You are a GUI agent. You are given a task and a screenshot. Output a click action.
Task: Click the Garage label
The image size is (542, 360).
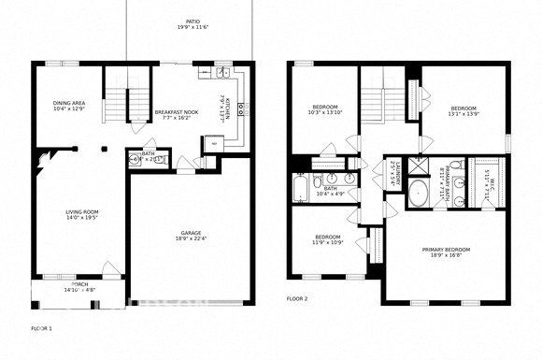tap(193, 236)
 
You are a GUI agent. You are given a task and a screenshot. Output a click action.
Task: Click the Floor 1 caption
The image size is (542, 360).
tap(41, 328)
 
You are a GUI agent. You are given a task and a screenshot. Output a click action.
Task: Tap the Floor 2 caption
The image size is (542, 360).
tap(296, 298)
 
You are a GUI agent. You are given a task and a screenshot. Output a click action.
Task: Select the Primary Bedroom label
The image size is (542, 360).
tap(445, 252)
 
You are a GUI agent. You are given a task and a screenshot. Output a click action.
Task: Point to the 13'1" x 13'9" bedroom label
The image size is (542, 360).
tap(464, 111)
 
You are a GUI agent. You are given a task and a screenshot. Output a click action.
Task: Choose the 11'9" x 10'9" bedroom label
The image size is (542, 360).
tap(327, 239)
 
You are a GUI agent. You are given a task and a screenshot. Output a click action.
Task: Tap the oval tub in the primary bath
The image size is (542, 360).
tap(416, 199)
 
